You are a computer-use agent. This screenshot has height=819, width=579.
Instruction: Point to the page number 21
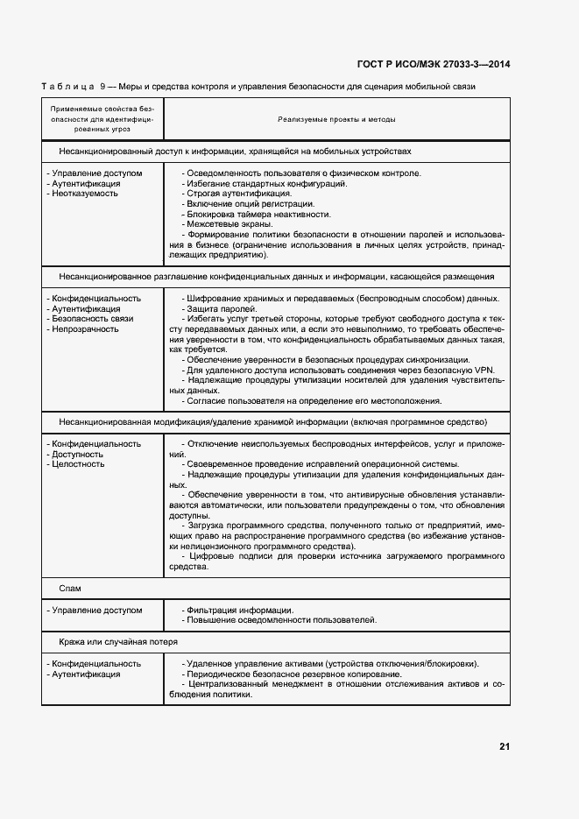pos(505,746)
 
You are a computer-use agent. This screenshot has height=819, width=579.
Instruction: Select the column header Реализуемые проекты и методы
pos(336,119)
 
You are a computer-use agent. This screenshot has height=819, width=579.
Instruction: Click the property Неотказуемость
pos(85,194)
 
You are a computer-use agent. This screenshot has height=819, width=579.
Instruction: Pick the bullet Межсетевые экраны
pos(229,224)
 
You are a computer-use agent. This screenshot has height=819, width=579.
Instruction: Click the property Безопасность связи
pos(93,319)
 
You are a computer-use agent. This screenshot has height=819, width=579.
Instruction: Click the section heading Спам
pos(70,588)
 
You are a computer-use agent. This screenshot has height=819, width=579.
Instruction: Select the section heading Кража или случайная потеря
pos(111,641)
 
